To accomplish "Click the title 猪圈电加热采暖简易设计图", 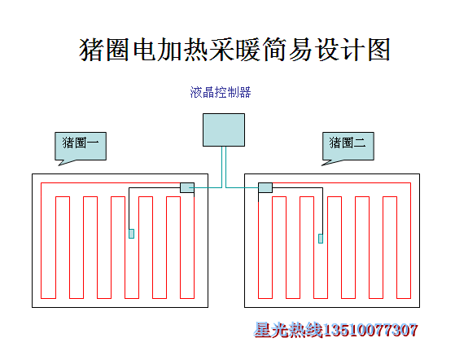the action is coord(234,50).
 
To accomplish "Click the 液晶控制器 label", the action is coord(221,92).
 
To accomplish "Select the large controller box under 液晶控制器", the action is coord(224,130).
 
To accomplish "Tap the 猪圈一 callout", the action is coord(81,146).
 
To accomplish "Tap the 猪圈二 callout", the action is coord(348,146).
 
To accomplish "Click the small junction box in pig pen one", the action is coord(187,187).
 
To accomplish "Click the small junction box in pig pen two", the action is coord(265,187).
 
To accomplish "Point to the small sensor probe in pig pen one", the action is coord(131,234).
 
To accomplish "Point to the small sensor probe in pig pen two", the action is coord(321,239).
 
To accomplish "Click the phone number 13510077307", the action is coord(370,330).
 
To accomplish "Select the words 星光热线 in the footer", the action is coord(288,330).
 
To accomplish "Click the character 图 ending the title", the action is coord(379,50).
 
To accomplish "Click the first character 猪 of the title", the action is coord(90,50).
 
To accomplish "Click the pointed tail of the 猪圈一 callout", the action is coord(59,165).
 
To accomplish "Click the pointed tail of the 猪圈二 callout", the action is coord(322,165).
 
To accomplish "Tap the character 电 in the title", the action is coord(145,50).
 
